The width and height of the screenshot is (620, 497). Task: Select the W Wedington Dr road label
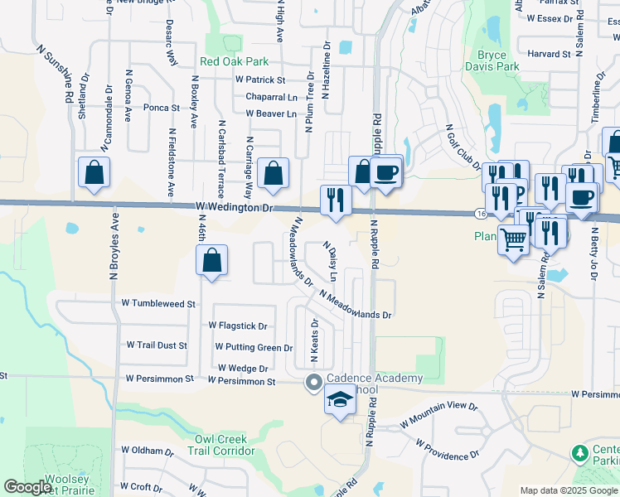235,207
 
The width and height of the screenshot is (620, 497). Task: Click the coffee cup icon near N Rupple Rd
386,173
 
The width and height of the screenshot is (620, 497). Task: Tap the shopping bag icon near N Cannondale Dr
94,173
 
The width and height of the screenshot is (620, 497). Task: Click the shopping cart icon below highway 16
514,240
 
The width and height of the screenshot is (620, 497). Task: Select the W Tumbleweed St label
157,304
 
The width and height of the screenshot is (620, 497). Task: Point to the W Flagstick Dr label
239,326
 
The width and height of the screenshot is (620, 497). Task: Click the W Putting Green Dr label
254,348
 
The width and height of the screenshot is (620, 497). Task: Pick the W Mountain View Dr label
439,414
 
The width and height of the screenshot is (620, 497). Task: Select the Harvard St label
548,54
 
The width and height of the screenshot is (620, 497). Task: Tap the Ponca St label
162,108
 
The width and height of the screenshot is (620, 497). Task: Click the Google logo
27,487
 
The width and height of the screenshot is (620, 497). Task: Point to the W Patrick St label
260,80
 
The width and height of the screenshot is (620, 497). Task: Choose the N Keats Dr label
314,341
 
